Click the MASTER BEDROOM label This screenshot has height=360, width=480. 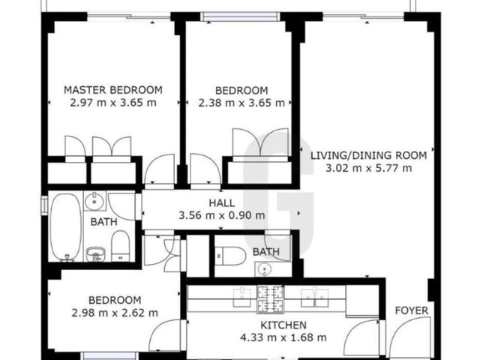pos(113,90)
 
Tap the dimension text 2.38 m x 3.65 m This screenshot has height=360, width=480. pos(241,103)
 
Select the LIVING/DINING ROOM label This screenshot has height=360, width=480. pos(368,155)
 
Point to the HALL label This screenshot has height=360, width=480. pos(222,203)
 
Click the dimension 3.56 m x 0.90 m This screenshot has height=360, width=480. pos(222,215)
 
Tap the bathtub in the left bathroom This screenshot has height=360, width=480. pos(66,227)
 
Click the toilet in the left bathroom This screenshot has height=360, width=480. pos(120,246)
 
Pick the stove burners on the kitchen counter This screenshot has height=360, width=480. pos(270,299)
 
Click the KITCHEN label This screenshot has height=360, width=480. pos(283,325)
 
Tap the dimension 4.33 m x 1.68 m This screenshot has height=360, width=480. pos(283,337)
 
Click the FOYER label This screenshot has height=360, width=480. pos(412,310)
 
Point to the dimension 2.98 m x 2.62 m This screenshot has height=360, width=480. pos(115,313)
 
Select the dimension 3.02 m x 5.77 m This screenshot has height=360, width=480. pos(368,168)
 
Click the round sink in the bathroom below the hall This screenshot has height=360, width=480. pos(263,269)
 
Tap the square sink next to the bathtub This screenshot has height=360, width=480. pos(94,201)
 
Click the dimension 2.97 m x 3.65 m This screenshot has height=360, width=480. pos(113,103)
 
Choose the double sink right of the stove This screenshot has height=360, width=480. pos(314,298)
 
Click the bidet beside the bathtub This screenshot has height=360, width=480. pos(96,254)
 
